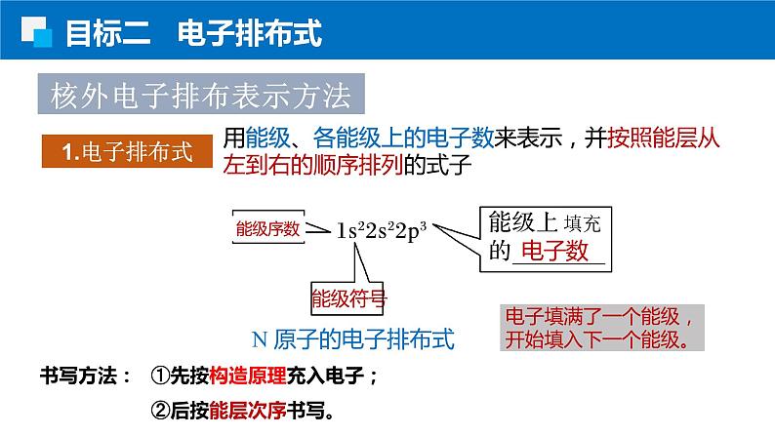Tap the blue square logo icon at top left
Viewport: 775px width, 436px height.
point(37,33)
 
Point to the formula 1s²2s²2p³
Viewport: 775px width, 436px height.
point(382,231)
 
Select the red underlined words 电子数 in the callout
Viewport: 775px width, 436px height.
point(554,251)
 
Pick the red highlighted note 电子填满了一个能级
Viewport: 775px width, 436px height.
point(597,318)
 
